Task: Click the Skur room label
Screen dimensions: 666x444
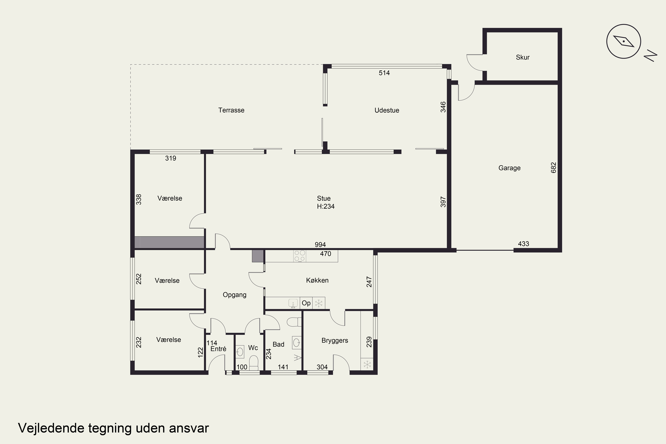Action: click(x=522, y=57)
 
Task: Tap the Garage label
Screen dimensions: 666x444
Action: click(x=509, y=168)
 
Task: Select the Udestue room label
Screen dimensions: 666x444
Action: click(x=387, y=110)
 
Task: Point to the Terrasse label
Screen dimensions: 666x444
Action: click(x=231, y=110)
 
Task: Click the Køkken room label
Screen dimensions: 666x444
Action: click(x=317, y=280)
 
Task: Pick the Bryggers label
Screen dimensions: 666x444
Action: click(x=335, y=341)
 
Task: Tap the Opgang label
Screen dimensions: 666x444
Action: click(x=234, y=295)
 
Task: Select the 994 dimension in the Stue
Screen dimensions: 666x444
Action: click(x=320, y=244)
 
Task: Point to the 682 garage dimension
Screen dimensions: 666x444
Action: click(x=554, y=168)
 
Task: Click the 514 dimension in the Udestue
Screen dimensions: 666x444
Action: click(x=384, y=73)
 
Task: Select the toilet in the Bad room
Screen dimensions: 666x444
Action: click(x=294, y=322)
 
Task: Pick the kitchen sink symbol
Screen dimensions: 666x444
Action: click(x=293, y=303)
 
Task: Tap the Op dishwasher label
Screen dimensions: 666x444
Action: click(x=306, y=303)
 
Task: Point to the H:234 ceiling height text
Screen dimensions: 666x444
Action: click(x=326, y=206)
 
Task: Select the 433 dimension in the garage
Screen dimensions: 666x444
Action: click(x=523, y=244)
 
